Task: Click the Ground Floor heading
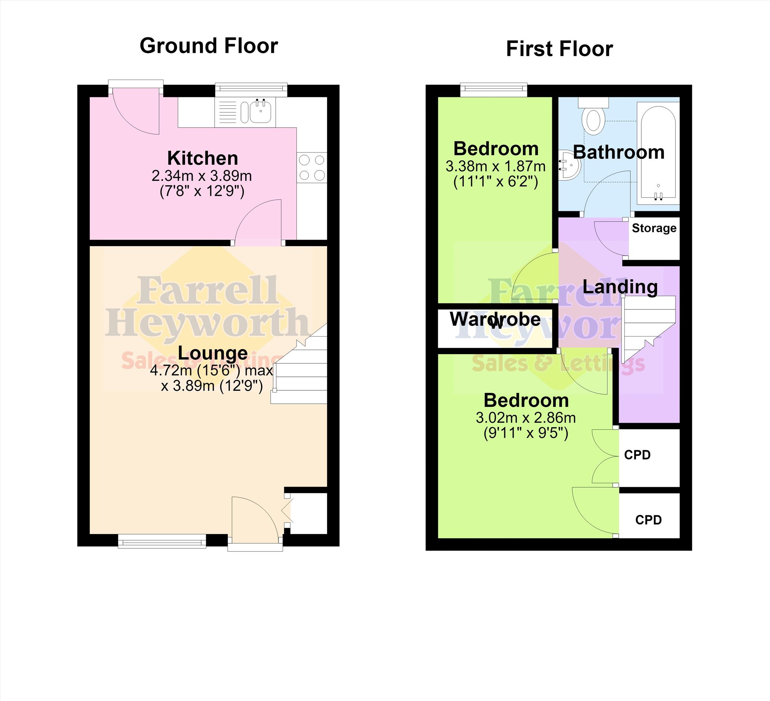(209, 46)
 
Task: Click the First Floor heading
(559, 49)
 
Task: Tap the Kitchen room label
(202, 158)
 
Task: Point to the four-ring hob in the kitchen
(312, 167)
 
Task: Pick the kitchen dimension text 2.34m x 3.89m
(202, 176)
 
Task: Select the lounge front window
(161, 541)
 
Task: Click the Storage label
(654, 228)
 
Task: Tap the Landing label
(620, 287)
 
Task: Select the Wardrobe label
(495, 319)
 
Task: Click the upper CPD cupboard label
(637, 455)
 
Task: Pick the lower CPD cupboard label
(648, 519)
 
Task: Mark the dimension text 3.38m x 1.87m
(495, 166)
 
